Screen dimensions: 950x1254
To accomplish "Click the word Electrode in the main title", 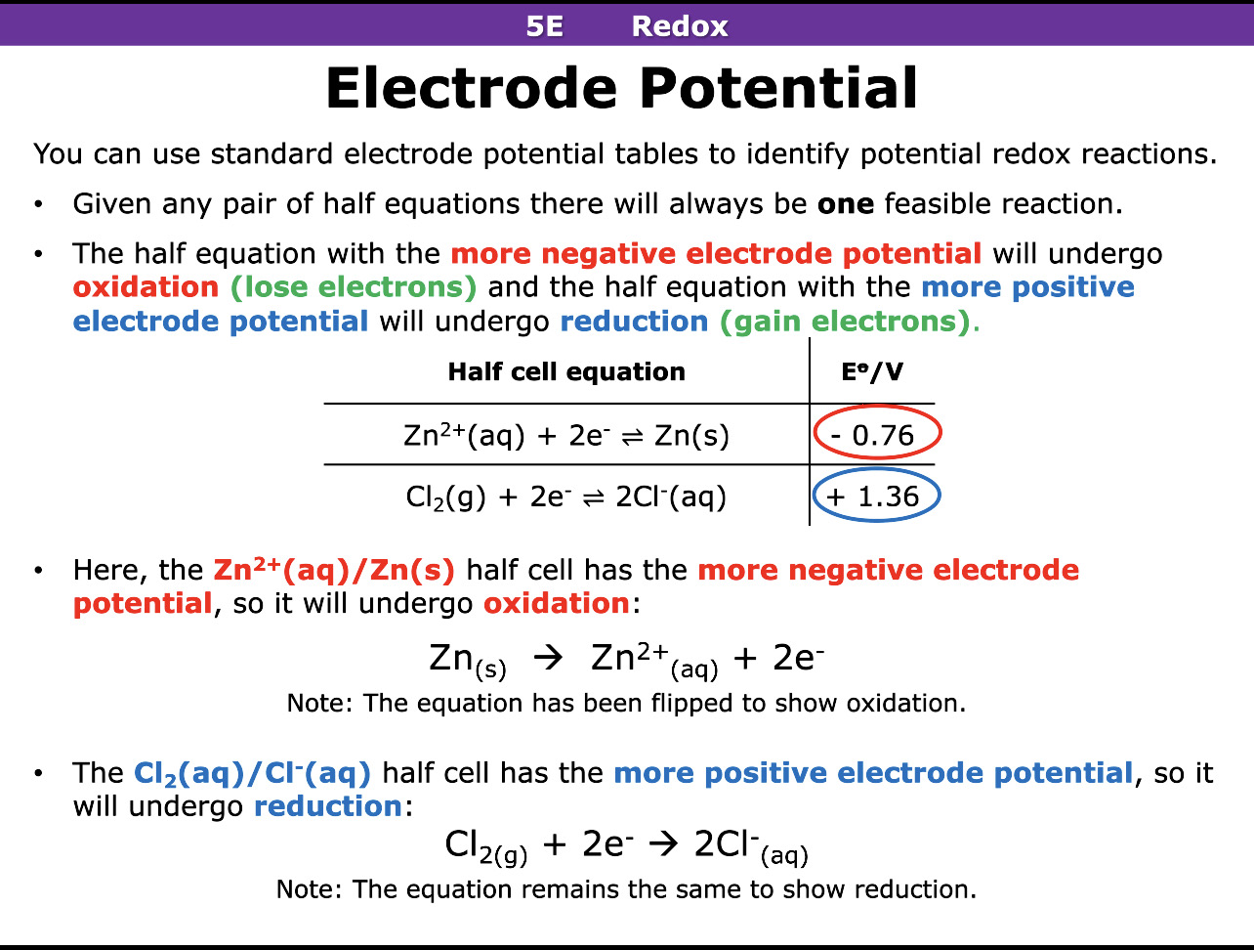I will tap(471, 88).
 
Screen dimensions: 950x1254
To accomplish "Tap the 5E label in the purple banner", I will tap(544, 25).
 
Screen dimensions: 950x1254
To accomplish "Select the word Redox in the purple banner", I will tap(680, 25).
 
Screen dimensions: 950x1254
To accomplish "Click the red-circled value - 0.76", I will tap(877, 434).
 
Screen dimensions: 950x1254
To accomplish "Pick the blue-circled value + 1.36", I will tap(875, 497).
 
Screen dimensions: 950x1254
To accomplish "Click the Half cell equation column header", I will tap(566, 371).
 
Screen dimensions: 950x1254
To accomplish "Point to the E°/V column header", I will tap(872, 371).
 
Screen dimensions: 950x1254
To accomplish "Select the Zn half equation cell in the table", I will tap(566, 435).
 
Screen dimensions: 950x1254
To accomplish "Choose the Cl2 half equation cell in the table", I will tap(566, 497).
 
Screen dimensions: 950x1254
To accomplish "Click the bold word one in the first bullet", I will tap(846, 204).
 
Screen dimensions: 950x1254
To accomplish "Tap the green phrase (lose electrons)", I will tap(354, 287).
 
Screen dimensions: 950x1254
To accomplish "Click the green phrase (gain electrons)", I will tap(846, 322).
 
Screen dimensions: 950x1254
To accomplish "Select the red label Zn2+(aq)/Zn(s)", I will tap(334, 569).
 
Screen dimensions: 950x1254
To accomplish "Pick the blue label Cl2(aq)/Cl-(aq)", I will tap(252, 773).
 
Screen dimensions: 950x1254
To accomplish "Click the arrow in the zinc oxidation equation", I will tap(549, 658).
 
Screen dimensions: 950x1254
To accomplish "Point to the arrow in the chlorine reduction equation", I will tap(663, 843).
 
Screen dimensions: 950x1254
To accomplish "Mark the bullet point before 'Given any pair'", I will tap(38, 205).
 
